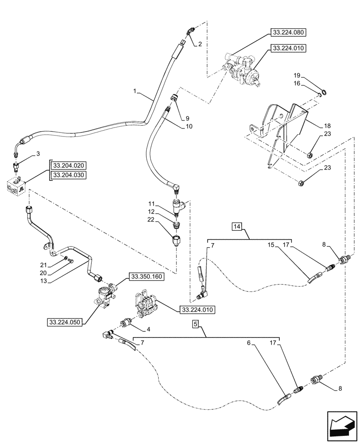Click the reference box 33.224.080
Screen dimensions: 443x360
[288, 33]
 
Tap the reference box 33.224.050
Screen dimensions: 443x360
[65, 322]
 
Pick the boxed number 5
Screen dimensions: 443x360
[196, 324]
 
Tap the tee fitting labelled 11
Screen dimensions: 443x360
[178, 205]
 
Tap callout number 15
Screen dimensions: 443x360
[270, 244]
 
